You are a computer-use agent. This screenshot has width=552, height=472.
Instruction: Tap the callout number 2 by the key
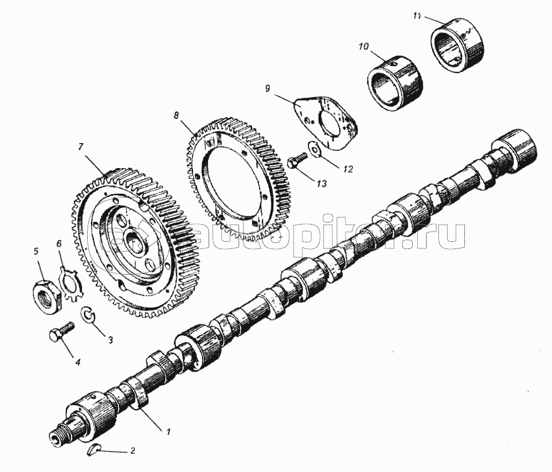tap(133, 451)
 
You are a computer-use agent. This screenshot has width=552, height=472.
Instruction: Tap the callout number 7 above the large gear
tap(81, 147)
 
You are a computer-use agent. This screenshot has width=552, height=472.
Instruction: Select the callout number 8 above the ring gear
tap(176, 115)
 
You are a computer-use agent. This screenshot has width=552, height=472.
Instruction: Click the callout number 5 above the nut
tap(36, 251)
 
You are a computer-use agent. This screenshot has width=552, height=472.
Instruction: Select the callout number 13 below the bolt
tap(322, 184)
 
